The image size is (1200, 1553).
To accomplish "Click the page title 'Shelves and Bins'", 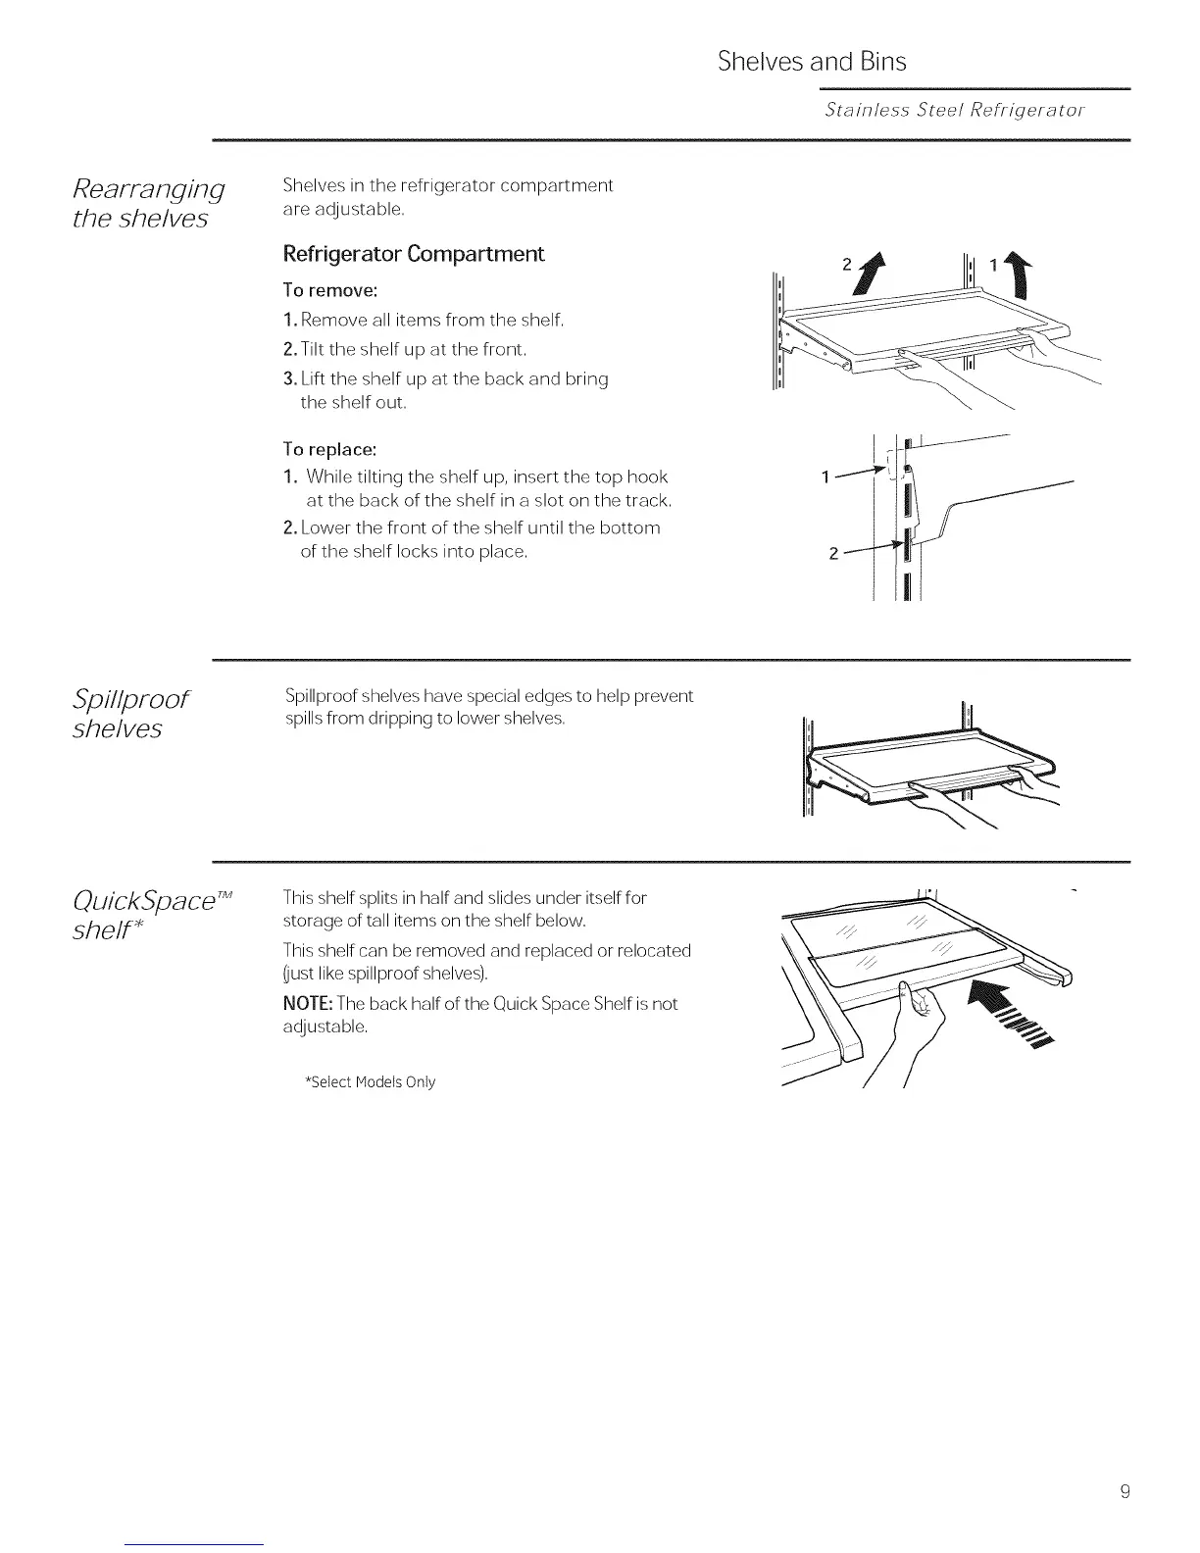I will [812, 62].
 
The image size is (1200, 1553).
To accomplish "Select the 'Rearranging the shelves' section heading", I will [149, 203].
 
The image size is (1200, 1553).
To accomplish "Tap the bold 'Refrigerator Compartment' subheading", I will [413, 254].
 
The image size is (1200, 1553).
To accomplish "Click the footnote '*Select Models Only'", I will [371, 1082].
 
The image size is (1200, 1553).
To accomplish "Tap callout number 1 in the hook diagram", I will [826, 477].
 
